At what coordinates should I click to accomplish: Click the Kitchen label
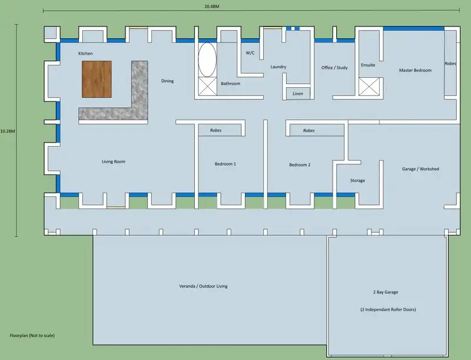tap(85, 54)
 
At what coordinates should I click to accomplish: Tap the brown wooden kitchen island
tap(97, 79)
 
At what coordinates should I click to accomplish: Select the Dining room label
tap(167, 81)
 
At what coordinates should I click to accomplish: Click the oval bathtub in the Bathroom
tap(207, 60)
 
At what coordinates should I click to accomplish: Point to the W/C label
tap(250, 53)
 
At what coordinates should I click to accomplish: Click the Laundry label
tap(278, 67)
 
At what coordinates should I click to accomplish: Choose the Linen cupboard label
tap(298, 93)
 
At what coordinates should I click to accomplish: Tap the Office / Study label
tap(334, 68)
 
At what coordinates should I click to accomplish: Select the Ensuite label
tap(368, 65)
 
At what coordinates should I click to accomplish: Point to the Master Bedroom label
tap(415, 70)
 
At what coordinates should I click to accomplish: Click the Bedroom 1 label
tap(225, 164)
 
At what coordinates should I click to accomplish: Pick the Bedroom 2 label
tap(300, 165)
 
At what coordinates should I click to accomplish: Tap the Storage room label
tap(357, 180)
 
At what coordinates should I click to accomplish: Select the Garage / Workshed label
tap(420, 169)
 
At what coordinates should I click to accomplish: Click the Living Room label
tap(114, 161)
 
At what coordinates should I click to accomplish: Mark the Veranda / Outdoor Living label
tap(203, 286)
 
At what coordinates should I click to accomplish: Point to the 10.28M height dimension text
tap(8, 130)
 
